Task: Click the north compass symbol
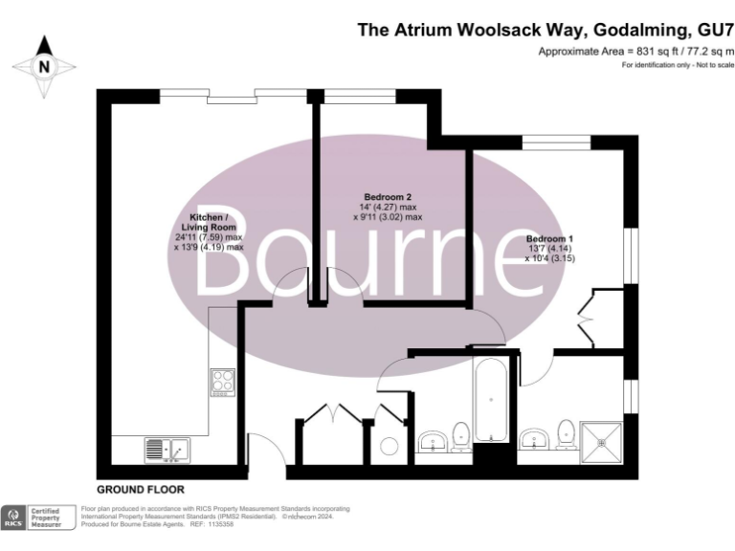point(43,67)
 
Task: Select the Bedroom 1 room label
point(549,237)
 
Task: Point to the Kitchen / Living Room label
point(208,222)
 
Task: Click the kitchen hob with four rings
point(223,383)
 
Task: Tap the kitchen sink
point(167,448)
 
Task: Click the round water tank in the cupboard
point(389,446)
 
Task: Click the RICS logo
point(16,518)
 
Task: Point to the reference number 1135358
point(220,524)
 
